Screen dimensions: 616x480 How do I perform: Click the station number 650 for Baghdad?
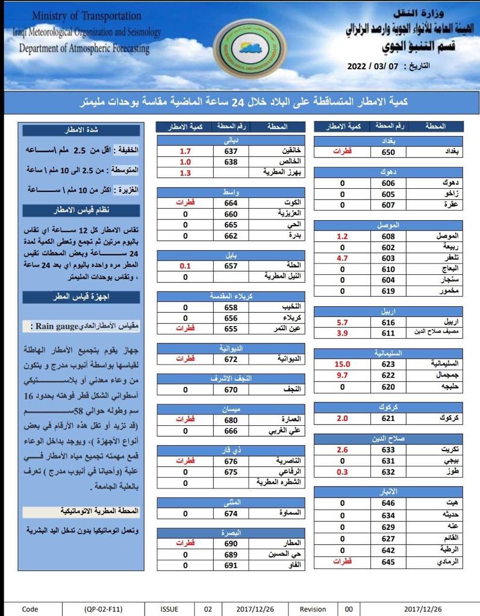click(x=388, y=152)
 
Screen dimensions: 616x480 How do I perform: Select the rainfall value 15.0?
click(x=343, y=364)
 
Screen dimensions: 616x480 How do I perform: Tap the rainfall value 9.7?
click(x=343, y=375)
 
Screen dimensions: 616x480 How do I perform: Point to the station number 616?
click(x=388, y=322)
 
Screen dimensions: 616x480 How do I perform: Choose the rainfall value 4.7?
click(x=343, y=258)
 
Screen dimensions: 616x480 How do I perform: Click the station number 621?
click(x=388, y=418)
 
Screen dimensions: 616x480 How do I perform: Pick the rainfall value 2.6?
click(x=343, y=449)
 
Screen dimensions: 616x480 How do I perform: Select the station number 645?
click(x=388, y=561)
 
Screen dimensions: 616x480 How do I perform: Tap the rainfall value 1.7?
click(x=185, y=151)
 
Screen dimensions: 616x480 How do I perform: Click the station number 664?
click(x=231, y=203)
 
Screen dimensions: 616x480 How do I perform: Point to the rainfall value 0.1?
click(x=185, y=266)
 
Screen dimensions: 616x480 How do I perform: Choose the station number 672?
click(x=231, y=359)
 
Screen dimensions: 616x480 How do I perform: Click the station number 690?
click(x=231, y=543)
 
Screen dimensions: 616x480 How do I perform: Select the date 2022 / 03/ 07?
click(x=373, y=67)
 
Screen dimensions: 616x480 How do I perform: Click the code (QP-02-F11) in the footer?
click(x=104, y=609)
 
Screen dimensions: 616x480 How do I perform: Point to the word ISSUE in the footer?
click(x=169, y=609)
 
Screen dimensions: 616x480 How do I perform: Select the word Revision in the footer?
click(x=313, y=609)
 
